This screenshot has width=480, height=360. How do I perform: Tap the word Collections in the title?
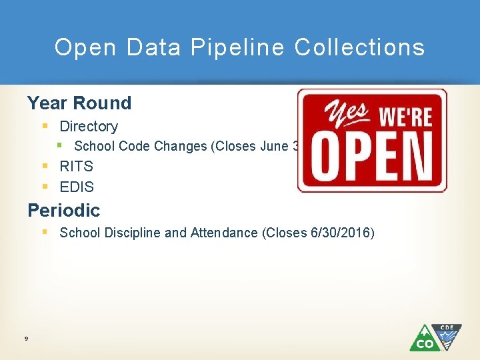(359, 47)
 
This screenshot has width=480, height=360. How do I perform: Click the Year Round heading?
(79, 103)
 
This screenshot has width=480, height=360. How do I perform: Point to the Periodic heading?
(63, 211)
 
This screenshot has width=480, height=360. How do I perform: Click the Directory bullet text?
(89, 127)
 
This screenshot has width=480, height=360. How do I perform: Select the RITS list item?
(77, 167)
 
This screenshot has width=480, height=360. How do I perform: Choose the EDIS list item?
(77, 187)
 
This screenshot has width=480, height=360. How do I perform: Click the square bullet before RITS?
(44, 166)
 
